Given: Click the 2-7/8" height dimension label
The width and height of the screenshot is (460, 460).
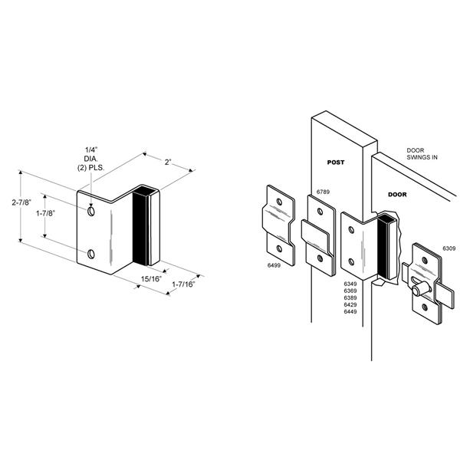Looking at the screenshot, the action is (x=21, y=202).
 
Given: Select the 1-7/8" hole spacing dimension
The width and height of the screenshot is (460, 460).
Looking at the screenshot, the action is (x=45, y=213).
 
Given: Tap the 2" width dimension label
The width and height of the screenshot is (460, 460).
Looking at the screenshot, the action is (x=168, y=162).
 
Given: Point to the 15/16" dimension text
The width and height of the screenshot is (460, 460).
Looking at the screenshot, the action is (x=151, y=279).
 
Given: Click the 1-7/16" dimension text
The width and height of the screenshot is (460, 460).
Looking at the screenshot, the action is (x=183, y=284).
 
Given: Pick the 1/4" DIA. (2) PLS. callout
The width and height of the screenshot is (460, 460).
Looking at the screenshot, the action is (x=90, y=159).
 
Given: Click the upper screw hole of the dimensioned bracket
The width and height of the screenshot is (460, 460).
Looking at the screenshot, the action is (x=91, y=212).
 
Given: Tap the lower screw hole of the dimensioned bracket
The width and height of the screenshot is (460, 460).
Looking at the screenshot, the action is (x=91, y=254).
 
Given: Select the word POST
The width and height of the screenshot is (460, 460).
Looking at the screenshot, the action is (x=336, y=163).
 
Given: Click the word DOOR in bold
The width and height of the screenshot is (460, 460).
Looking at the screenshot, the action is (x=397, y=195).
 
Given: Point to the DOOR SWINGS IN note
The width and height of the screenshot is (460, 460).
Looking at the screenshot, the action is (x=422, y=154).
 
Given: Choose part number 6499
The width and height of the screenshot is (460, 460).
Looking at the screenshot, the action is (x=274, y=265).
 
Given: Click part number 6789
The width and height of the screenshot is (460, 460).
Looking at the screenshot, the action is (x=323, y=192).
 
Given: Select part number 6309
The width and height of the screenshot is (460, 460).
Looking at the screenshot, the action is (x=449, y=248).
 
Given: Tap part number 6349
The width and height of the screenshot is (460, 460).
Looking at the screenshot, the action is (x=350, y=284).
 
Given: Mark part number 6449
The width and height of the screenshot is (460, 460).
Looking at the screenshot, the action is (x=350, y=311).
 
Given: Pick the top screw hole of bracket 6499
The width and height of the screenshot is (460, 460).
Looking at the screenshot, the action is (x=279, y=202).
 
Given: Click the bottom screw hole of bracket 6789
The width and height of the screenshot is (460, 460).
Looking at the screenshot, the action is (x=320, y=258).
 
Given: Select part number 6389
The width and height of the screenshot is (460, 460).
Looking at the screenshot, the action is (x=350, y=297).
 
